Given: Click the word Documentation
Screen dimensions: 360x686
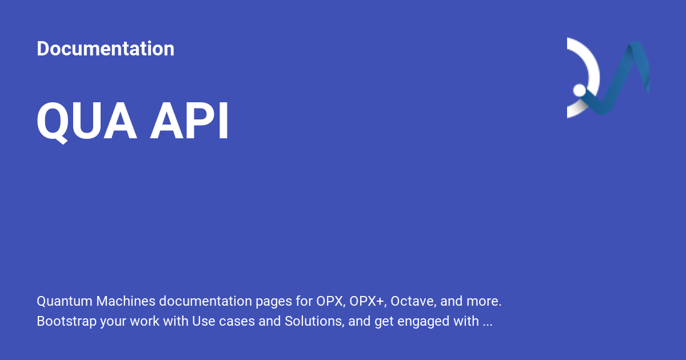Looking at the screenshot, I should pos(105,49).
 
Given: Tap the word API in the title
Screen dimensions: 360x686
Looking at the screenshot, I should pos(189,122).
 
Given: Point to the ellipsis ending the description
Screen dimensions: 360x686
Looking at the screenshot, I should pos(487,323).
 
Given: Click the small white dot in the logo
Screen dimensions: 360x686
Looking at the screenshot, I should pos(580,90).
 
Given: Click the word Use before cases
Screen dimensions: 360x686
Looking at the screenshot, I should pos(204,321).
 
